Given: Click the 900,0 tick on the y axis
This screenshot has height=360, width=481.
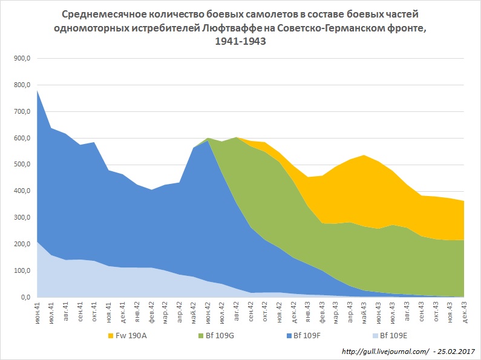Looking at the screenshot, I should pyautogui.click(x=21, y=59).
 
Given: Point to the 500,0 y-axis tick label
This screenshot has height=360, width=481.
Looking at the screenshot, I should pyautogui.click(x=21, y=165).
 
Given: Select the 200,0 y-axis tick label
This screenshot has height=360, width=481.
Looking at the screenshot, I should pyautogui.click(x=21, y=244).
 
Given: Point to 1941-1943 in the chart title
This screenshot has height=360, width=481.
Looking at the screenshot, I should pyautogui.click(x=241, y=42).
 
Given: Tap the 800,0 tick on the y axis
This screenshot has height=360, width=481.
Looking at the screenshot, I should pyautogui.click(x=21, y=85).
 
